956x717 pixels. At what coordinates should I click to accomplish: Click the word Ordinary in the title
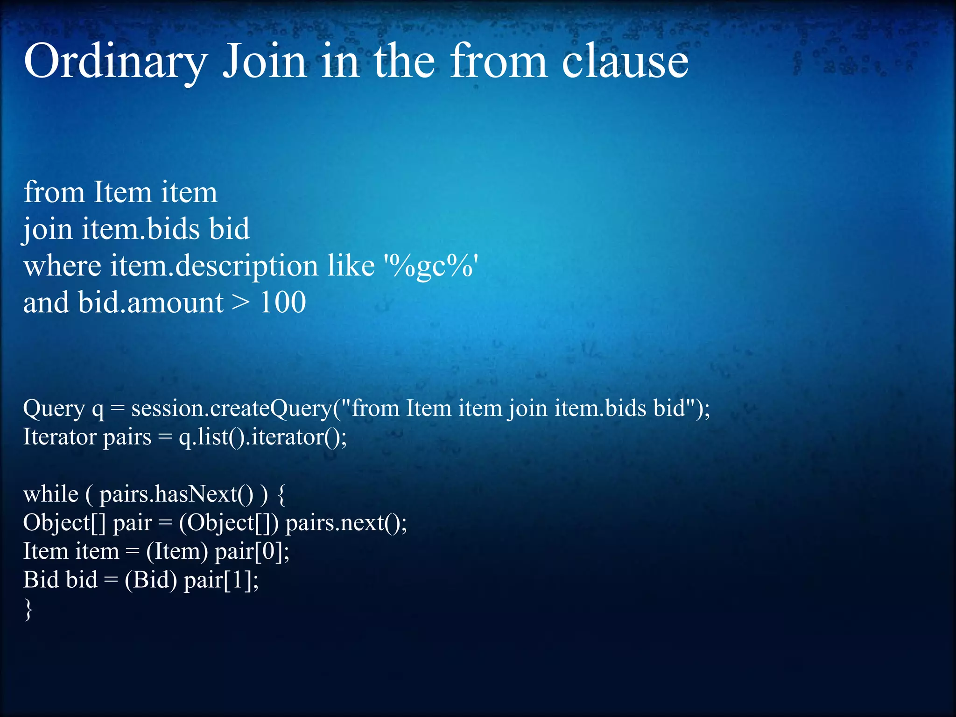click(115, 62)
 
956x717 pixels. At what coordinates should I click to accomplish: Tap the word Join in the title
click(264, 62)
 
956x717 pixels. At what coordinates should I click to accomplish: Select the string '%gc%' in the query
click(431, 266)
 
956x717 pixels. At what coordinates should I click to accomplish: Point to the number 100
click(282, 302)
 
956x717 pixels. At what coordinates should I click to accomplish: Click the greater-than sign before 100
click(241, 302)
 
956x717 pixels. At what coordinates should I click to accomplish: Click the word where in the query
click(62, 266)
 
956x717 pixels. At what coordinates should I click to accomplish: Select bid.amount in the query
click(150, 302)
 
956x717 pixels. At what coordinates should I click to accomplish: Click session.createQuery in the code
click(232, 408)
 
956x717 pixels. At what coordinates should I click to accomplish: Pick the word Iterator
click(59, 437)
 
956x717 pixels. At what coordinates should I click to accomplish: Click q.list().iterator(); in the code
click(263, 437)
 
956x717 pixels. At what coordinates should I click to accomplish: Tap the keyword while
click(50, 494)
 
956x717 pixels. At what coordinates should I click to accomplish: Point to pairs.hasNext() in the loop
click(176, 494)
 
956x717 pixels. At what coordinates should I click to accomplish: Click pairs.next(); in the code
click(346, 523)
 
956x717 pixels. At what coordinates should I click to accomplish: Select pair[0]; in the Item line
click(252, 552)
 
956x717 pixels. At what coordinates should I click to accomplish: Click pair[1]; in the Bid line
click(221, 580)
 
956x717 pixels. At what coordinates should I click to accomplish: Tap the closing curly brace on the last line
click(28, 610)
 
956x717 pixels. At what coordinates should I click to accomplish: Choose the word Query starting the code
click(54, 408)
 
